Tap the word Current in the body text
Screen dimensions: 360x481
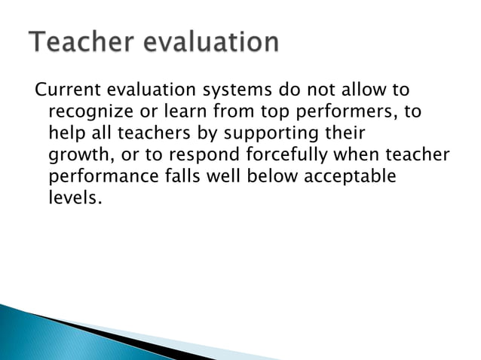point(66,91)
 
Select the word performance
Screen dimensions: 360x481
point(102,178)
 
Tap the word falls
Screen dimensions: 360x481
point(185,178)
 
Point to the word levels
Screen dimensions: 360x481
point(73,200)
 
